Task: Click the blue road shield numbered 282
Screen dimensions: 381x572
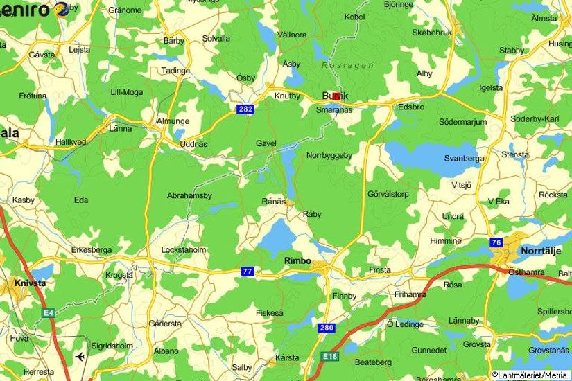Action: point(244,109)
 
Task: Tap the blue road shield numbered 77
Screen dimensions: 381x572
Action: point(247,271)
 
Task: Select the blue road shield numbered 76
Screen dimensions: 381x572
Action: point(496,242)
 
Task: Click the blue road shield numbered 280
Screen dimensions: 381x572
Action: point(327,327)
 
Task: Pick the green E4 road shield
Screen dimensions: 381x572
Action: point(48,314)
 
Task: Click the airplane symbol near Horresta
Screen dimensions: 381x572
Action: point(80,357)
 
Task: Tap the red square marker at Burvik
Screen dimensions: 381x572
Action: point(336,96)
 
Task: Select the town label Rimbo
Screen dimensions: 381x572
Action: point(298,260)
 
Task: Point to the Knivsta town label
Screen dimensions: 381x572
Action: point(30,283)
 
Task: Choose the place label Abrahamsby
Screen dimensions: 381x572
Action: point(189,195)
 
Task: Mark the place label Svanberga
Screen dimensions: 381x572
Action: point(464,158)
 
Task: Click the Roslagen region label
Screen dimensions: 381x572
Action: point(347,65)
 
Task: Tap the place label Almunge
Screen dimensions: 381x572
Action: point(172,121)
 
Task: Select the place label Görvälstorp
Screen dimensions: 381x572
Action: point(388,194)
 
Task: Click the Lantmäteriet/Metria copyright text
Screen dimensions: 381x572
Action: point(530,375)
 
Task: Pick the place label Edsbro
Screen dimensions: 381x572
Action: point(410,107)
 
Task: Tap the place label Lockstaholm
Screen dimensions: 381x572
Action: point(183,249)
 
